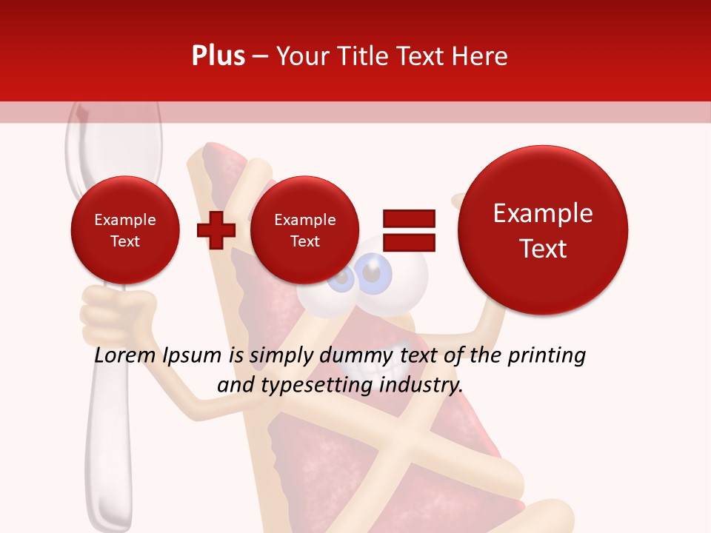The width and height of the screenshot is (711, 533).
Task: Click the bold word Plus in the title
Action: click(x=218, y=56)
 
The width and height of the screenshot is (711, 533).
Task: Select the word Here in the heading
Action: click(x=480, y=56)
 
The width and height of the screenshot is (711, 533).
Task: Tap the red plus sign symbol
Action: click(x=216, y=230)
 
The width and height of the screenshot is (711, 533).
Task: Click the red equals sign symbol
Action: click(x=408, y=229)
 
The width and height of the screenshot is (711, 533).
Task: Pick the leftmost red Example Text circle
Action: click(x=125, y=230)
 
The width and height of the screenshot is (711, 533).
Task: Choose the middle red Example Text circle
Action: click(x=304, y=230)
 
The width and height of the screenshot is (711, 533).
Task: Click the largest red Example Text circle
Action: click(x=543, y=230)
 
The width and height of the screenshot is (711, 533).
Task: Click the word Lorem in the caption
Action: click(x=125, y=356)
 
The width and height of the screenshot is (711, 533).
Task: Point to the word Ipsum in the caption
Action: click(x=192, y=356)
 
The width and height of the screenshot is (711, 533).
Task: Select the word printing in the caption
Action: click(x=547, y=356)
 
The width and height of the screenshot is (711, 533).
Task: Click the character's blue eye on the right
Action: click(x=375, y=273)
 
